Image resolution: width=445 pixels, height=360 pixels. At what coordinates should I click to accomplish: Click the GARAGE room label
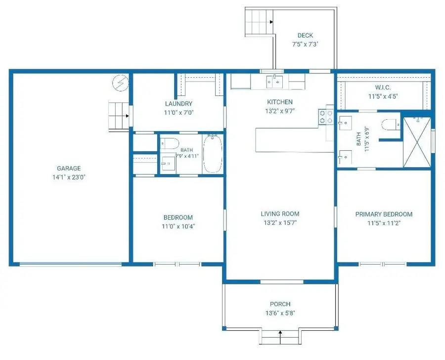(x=69, y=168)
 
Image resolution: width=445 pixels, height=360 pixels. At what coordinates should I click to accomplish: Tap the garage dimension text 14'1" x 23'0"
(x=69, y=178)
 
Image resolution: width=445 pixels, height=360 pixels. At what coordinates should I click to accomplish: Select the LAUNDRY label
(x=178, y=104)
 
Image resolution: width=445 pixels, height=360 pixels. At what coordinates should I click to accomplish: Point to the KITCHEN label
(x=280, y=102)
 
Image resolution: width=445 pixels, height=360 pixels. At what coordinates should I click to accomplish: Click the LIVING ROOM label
(x=280, y=214)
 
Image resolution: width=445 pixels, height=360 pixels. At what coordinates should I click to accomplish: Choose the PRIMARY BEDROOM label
(x=384, y=214)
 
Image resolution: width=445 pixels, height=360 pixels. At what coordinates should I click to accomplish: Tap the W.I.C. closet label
(x=383, y=88)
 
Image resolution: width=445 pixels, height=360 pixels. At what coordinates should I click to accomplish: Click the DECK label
(x=305, y=36)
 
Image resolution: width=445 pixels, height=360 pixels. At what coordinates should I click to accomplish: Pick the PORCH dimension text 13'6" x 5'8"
(x=280, y=313)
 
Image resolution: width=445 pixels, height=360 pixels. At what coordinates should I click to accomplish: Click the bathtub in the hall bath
(x=213, y=154)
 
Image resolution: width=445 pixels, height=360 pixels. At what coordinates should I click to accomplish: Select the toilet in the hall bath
(x=170, y=143)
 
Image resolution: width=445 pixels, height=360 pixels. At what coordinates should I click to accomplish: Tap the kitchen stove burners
(x=326, y=117)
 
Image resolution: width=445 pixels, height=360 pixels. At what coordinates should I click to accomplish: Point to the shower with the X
(x=417, y=142)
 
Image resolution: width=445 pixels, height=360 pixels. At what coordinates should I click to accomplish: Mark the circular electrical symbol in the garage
(x=120, y=83)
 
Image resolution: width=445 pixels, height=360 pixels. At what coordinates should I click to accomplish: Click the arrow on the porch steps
(x=280, y=334)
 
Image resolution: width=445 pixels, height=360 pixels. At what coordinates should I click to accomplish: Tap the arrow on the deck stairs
(x=271, y=22)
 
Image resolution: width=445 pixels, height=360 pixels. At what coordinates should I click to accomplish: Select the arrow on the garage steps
(x=128, y=116)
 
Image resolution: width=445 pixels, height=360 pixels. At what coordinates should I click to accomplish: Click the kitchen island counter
(x=294, y=140)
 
